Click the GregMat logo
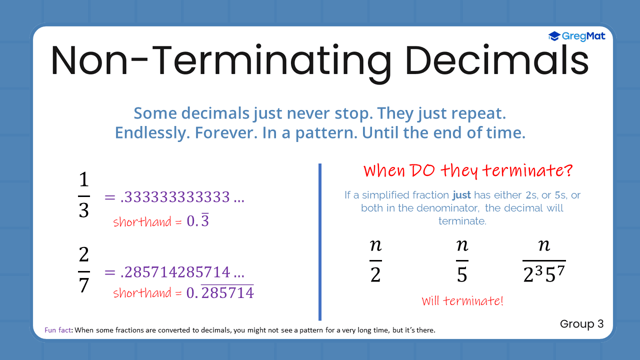[x=576, y=36]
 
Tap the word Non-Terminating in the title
[x=220, y=60]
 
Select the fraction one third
[x=83, y=195]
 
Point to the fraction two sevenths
[x=83, y=271]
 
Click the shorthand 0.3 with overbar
[x=197, y=221]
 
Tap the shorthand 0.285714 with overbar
[x=220, y=292]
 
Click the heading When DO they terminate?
[x=468, y=171]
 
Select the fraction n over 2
[x=375, y=260]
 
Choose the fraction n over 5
[x=462, y=260]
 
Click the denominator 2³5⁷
[x=544, y=273]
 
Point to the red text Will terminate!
[x=462, y=301]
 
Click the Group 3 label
[x=581, y=324]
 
